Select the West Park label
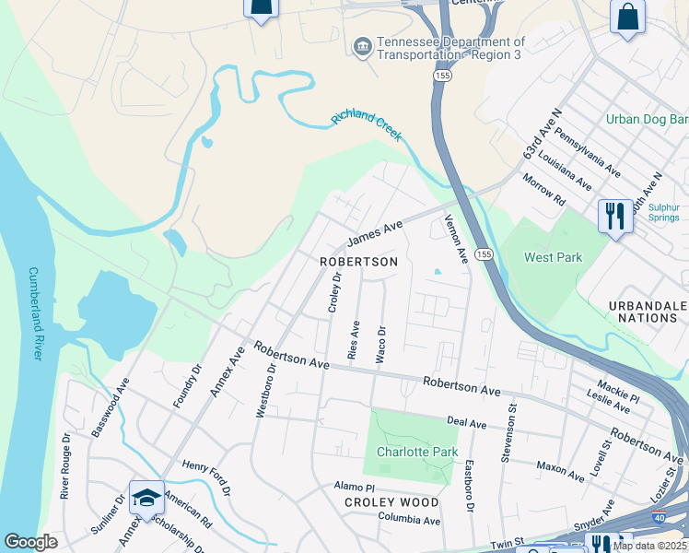coord(554,257)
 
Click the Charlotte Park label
coord(404,452)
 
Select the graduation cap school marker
coord(146,498)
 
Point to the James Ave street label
coord(375,233)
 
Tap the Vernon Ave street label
coord(457,239)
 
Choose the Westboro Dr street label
coord(265,390)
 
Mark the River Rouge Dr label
coord(65,465)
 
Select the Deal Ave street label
coord(466,422)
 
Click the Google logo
coord(30,542)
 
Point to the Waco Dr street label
coord(380,343)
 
